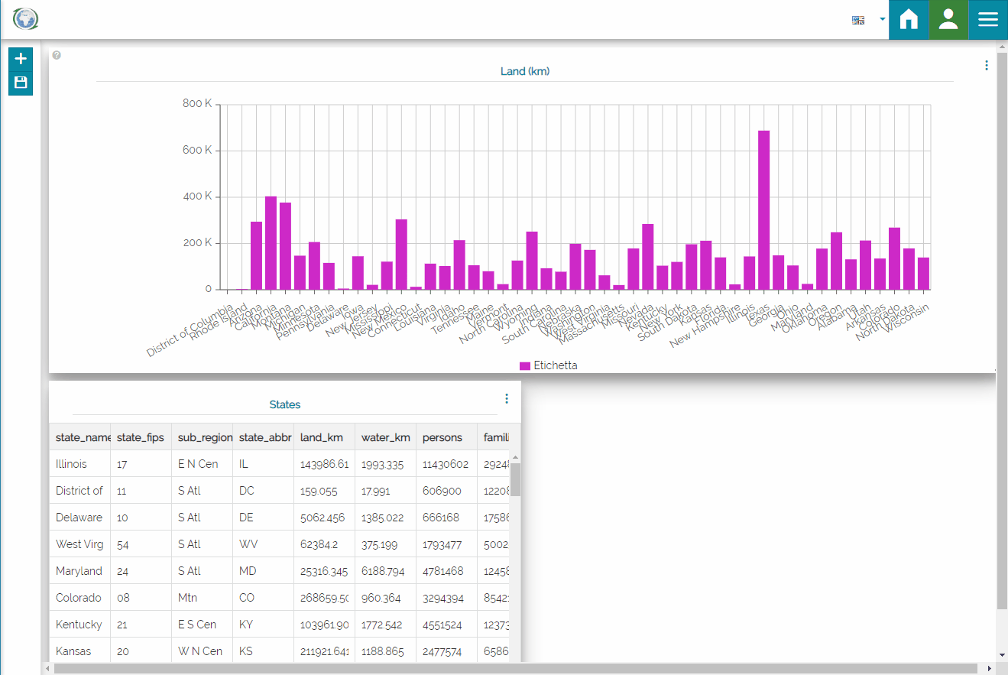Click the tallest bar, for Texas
(x=763, y=210)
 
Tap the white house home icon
(x=909, y=19)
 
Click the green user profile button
(x=948, y=19)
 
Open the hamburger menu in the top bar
(x=988, y=19)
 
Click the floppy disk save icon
(x=21, y=83)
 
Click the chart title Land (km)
(x=525, y=71)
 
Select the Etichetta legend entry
(x=548, y=365)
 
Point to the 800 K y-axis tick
(x=197, y=104)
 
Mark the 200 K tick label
(x=197, y=243)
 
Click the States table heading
(x=285, y=404)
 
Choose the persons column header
(x=442, y=437)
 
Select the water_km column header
(x=385, y=437)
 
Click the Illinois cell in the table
(x=72, y=464)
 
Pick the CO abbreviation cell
(x=247, y=598)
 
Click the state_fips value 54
(x=122, y=544)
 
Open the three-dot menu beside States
(x=507, y=398)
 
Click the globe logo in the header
(x=25, y=19)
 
